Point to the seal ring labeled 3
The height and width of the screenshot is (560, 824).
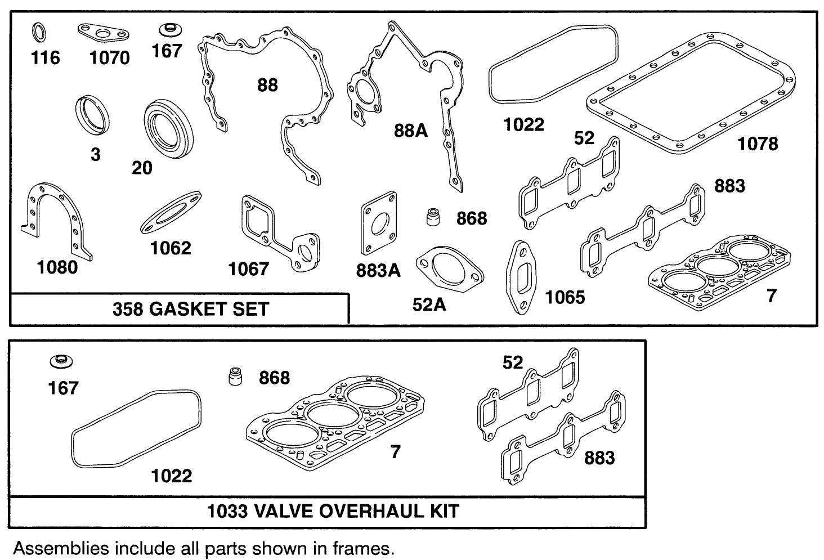coord(93,115)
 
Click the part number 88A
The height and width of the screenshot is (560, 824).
coord(410,131)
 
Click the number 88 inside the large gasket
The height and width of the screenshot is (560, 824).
coord(267,85)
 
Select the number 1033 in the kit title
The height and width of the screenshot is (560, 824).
coord(227,511)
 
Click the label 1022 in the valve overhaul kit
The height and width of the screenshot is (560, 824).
coord(172,476)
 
